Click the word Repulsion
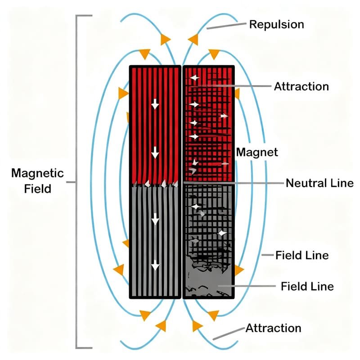276,24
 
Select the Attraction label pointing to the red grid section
301,86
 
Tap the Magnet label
257,152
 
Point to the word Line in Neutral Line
344,183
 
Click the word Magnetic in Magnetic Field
37,173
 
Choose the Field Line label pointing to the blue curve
302,255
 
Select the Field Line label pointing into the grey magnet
307,286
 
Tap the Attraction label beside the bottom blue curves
273,328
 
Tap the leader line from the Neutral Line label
259,183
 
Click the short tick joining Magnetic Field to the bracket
71,182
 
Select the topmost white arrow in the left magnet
155,104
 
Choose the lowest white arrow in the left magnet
155,266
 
